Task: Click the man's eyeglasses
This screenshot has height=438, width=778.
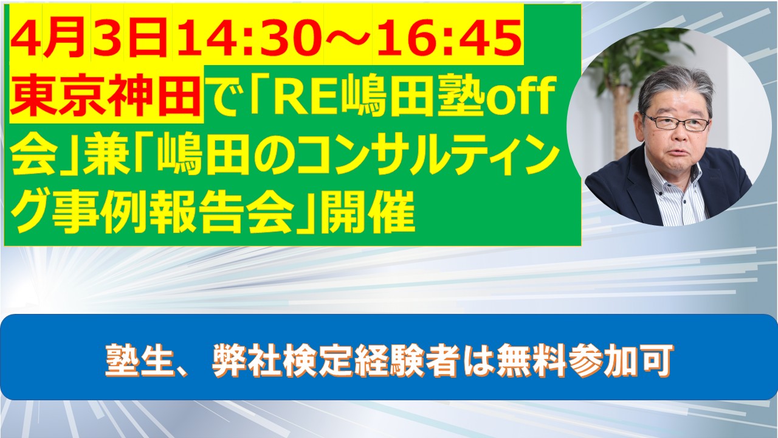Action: coord(677,122)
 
